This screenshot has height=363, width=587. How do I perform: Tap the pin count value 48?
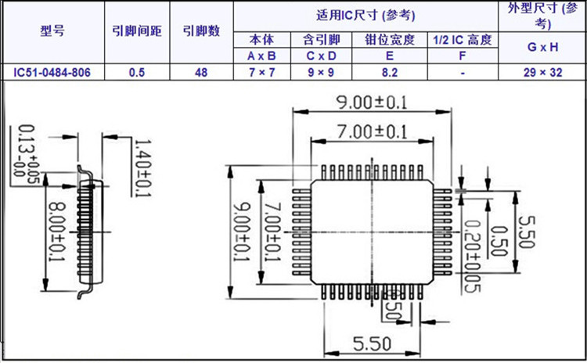click(201, 72)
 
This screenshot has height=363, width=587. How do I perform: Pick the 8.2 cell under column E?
click(390, 72)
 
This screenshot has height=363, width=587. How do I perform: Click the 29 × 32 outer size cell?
click(542, 72)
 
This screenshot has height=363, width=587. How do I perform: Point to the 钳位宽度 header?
click(390, 40)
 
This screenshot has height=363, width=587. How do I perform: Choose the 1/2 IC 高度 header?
click(463, 40)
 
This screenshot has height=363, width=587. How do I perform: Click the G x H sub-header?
click(542, 47)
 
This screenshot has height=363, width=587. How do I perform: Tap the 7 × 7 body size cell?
click(261, 72)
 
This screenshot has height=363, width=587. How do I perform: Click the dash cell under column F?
click(463, 72)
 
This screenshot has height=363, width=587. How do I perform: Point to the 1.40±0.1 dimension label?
click(142, 167)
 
